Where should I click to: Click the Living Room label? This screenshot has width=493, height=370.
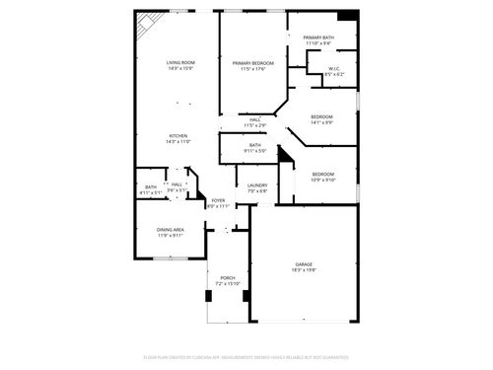(x=178, y=63)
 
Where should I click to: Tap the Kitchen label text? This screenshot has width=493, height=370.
(x=178, y=135)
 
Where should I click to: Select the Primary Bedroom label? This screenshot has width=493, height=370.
(x=249, y=63)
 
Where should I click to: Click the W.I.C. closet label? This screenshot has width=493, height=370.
(x=334, y=68)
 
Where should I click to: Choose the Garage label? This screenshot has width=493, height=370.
(x=304, y=264)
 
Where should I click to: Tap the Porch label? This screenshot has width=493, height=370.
(x=227, y=277)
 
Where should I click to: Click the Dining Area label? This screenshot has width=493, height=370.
(x=170, y=230)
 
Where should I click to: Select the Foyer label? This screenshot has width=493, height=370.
(x=218, y=200)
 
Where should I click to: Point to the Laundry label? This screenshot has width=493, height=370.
(x=258, y=185)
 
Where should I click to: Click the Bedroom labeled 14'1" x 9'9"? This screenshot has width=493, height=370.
(x=322, y=117)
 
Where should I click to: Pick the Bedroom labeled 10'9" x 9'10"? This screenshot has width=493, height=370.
(x=323, y=174)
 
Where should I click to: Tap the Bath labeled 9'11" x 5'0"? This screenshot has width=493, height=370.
(x=254, y=145)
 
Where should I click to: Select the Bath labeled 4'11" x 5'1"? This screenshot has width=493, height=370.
(x=151, y=186)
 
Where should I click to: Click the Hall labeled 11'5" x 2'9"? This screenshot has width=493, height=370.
(x=254, y=120)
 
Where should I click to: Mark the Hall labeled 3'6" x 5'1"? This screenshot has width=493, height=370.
(x=177, y=184)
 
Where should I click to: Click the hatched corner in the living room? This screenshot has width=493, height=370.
(x=148, y=25)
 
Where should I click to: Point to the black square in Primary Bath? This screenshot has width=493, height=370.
(x=346, y=17)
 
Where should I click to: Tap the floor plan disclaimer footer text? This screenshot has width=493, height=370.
(x=246, y=356)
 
